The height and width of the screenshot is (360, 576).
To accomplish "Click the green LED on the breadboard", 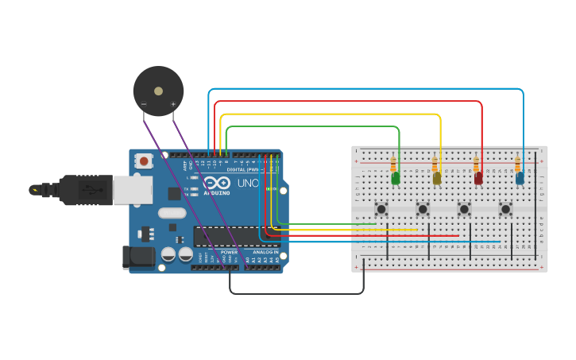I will pyautogui.click(x=396, y=179).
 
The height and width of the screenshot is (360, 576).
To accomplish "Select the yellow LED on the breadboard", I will pyautogui.click(x=437, y=179).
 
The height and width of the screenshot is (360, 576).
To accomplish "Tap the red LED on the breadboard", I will pyautogui.click(x=478, y=179).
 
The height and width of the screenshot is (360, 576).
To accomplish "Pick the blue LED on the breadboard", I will pyautogui.click(x=520, y=179).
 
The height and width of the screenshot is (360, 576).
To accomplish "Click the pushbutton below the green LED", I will pyautogui.click(x=381, y=209).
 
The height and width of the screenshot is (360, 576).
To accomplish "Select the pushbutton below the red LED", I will pyautogui.click(x=464, y=209).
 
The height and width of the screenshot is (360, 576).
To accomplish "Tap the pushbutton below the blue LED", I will pyautogui.click(x=505, y=209).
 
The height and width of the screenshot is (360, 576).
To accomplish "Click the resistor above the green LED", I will pyautogui.click(x=393, y=165).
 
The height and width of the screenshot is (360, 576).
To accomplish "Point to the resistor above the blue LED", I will pyautogui.click(x=517, y=165).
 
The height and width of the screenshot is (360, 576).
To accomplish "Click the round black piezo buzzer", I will pyautogui.click(x=158, y=91).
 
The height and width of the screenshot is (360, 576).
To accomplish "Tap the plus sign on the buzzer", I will pyautogui.click(x=173, y=104).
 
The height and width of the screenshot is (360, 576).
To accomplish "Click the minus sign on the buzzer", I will pyautogui.click(x=144, y=104).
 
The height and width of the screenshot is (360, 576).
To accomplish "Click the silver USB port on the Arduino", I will pyautogui.click(x=133, y=190).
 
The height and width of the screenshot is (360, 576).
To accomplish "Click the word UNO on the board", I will pyautogui.click(x=249, y=184).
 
